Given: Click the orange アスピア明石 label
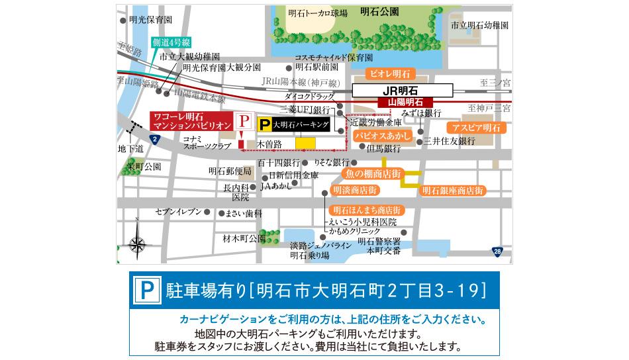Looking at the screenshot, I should point(475,127).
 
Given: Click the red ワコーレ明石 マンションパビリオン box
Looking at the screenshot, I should point(191,120).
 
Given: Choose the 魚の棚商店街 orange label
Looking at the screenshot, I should point(373,173).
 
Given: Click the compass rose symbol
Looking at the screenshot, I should point(137,245).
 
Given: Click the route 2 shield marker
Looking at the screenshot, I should point(154,138).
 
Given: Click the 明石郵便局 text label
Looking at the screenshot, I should point(230,171).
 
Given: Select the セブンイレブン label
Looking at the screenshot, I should point(177,212).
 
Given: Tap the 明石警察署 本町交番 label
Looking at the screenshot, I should point(379,246).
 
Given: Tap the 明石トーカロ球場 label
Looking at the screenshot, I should point(318,13).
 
